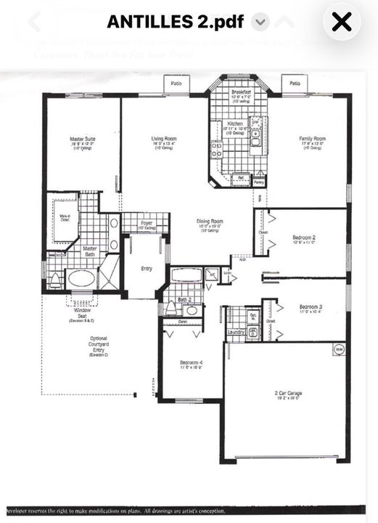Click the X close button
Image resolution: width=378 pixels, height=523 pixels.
tap(341, 22)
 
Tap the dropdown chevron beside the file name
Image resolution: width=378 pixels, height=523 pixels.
tap(260, 22)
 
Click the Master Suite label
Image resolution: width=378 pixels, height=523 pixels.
tap(82, 139)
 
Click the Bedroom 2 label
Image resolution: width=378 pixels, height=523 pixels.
tap(303, 238)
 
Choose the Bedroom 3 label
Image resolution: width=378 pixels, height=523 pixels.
tap(310, 307)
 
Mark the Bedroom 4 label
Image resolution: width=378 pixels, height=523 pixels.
tap(192, 362)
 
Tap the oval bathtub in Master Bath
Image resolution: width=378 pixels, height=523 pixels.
tap(81, 278)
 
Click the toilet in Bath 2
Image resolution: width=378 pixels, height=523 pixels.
tap(171, 307)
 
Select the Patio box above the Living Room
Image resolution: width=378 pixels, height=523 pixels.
tap(176, 84)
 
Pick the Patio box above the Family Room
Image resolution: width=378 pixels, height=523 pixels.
tap(295, 84)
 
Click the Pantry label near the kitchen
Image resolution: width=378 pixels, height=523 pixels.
tap(259, 182)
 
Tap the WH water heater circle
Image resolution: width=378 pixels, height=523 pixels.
tap(338, 349)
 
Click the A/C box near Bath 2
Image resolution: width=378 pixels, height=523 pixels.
tap(210, 275)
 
